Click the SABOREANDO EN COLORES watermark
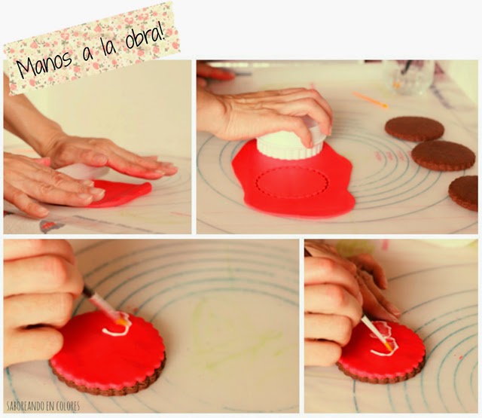[x=43, y=406]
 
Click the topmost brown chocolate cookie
[x=414, y=129]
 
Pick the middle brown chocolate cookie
[x=444, y=156]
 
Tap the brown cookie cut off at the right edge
[x=464, y=193]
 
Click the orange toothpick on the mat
[x=370, y=99]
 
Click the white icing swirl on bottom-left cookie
[x=117, y=325]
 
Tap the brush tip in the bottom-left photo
[x=120, y=322]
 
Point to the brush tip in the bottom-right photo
[x=389, y=347]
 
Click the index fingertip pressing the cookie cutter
[x=307, y=142]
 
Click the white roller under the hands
[x=81, y=170]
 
